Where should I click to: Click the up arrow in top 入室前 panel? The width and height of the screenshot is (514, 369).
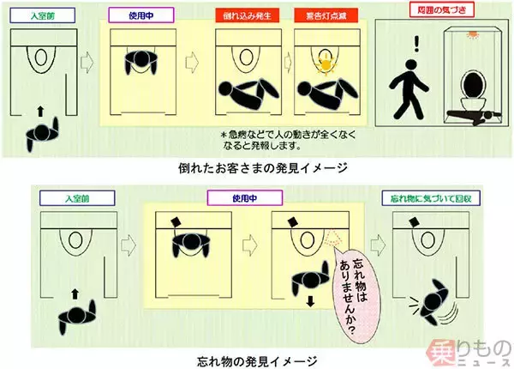pyautogui.click(x=39, y=111)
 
